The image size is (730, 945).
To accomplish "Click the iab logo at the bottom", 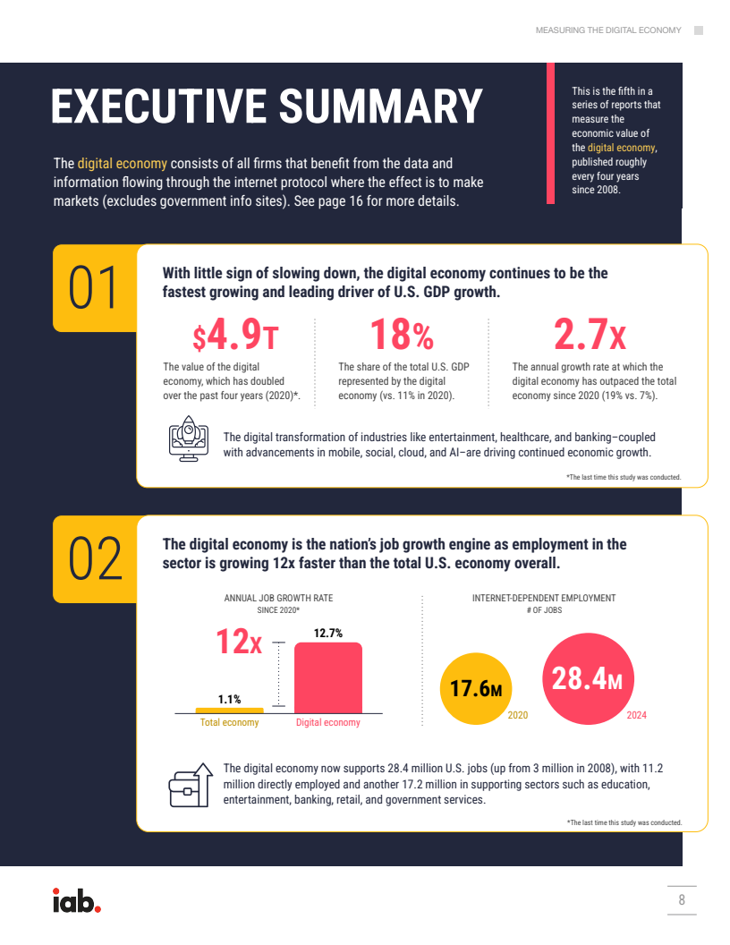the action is coord(77,900).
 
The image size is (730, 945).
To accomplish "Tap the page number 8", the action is coord(682,899).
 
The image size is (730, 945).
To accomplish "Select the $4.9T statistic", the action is coord(235,335).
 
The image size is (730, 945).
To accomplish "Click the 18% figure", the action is coord(402,335).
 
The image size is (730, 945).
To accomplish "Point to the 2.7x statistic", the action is coord(590,335).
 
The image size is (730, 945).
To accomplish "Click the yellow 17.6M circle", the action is coord(476,688).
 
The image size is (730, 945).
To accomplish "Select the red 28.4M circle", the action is coord(589,678).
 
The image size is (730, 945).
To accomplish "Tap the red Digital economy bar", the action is coord(328,678).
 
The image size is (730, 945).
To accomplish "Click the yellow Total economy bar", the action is coord(230,711).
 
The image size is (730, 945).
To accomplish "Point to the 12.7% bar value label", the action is coord(328,633).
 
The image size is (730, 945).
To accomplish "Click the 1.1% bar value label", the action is coord(230,699).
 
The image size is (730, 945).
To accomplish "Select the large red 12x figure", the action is coord(239,642).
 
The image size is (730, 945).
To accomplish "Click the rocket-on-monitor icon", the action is coord(189,438).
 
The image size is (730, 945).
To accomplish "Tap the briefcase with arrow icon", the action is coord(191,786).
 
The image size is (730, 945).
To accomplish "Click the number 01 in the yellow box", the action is coord(93,288).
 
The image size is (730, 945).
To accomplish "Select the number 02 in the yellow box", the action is coord(95,559).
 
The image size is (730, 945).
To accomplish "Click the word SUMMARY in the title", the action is coord(381,106).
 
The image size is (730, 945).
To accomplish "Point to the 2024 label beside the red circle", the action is coord(637,715).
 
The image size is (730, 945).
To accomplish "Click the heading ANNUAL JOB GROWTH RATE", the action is coord(278,598).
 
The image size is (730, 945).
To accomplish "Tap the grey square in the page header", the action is coord(699,30).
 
